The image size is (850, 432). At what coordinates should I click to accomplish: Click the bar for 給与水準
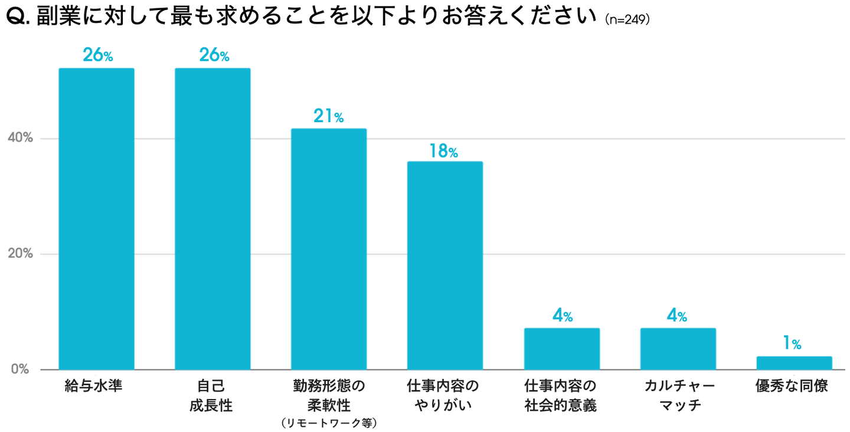(96, 219)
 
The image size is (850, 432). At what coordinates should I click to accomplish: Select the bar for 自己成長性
(212, 219)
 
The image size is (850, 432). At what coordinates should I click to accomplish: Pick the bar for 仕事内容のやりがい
(445, 266)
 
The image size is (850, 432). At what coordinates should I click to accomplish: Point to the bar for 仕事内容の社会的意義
(562, 349)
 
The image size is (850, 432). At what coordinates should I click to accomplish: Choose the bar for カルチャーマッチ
(678, 349)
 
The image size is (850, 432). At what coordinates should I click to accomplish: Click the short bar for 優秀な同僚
(794, 363)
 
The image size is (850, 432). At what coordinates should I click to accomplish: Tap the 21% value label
(329, 117)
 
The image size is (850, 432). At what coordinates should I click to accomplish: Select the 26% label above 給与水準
(97, 55)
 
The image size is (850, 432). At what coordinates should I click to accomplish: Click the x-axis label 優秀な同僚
(792, 387)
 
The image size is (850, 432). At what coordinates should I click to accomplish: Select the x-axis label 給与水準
(97, 387)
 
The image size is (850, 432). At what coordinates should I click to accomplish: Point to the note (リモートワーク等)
(329, 422)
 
